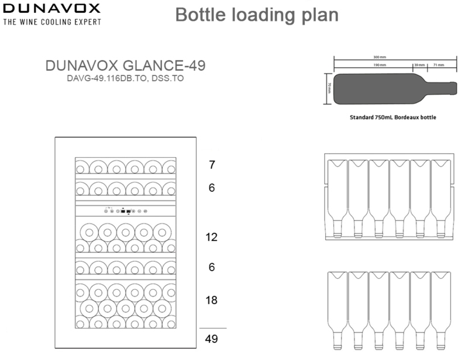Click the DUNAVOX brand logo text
[52, 9]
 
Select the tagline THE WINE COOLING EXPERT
[52, 22]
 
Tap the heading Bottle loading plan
[257, 15]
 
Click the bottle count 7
[212, 165]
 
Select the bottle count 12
[212, 237]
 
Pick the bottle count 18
[212, 300]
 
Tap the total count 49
[212, 338]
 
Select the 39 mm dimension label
[419, 65]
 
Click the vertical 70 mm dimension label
[329, 88]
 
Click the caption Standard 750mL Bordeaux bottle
[393, 117]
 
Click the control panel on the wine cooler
[125, 210]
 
